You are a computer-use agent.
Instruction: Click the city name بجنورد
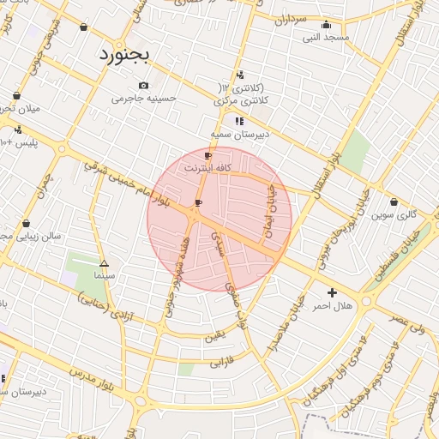click(123, 55)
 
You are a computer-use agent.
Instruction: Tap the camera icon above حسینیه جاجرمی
click(143, 85)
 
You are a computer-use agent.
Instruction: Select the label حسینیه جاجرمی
click(143, 98)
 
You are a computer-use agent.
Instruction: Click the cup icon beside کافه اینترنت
click(207, 156)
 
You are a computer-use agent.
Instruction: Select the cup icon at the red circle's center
click(199, 203)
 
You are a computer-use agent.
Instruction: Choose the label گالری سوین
click(394, 214)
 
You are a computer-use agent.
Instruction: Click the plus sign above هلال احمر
click(332, 292)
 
